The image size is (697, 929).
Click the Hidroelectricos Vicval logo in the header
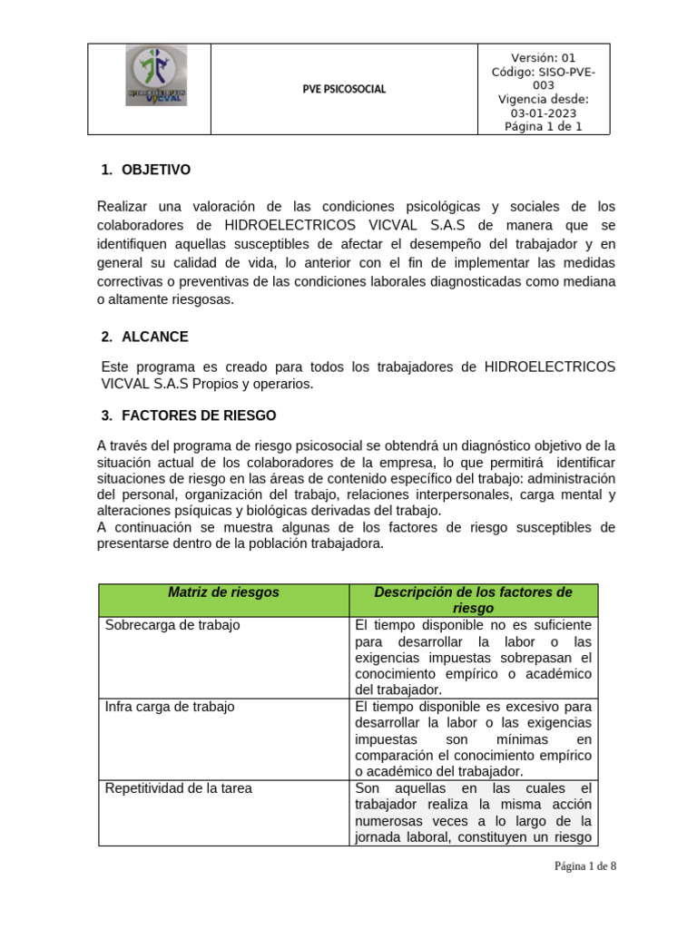pyautogui.click(x=156, y=77)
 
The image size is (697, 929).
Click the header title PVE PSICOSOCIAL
pyautogui.click(x=343, y=89)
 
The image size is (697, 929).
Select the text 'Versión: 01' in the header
pyautogui.click(x=544, y=57)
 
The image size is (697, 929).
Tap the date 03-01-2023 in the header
pyautogui.click(x=544, y=112)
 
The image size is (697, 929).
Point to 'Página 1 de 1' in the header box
pyautogui.click(x=544, y=127)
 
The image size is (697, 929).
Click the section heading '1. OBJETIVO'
pyautogui.click(x=145, y=170)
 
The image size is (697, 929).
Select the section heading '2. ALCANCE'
pyautogui.click(x=144, y=337)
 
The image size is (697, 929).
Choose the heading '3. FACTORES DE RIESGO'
pyautogui.click(x=188, y=416)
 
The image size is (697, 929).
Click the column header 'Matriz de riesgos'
pyautogui.click(x=223, y=592)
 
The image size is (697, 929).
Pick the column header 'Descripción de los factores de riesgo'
pyautogui.click(x=473, y=600)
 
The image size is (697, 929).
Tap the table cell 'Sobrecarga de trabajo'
pyautogui.click(x=172, y=625)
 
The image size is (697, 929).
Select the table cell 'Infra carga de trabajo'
pyautogui.click(x=170, y=707)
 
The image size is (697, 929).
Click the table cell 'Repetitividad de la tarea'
pyautogui.click(x=179, y=788)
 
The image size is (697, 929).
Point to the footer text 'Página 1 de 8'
pyautogui.click(x=585, y=866)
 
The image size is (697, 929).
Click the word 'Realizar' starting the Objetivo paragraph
pyautogui.click(x=123, y=206)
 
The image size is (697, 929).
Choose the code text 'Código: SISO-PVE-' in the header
pyautogui.click(x=544, y=72)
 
